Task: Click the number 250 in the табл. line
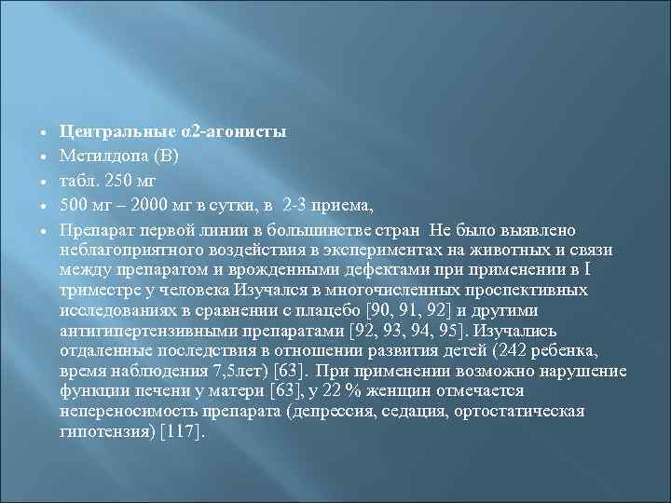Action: [119, 173]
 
